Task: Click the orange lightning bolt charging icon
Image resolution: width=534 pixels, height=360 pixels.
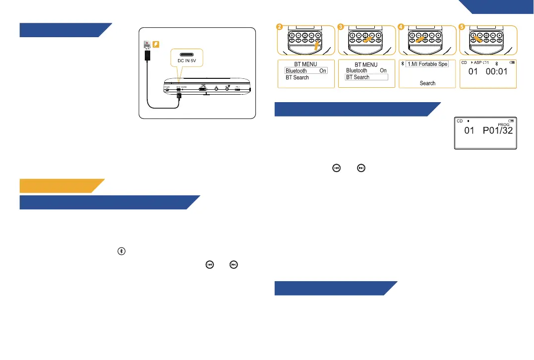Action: (155, 45)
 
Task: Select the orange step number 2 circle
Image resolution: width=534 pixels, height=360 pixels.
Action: (281, 27)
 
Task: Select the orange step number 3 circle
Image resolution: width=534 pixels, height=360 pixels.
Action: (341, 27)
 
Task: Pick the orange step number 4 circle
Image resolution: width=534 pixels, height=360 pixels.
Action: (402, 27)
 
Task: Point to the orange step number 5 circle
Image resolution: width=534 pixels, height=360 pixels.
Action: (462, 27)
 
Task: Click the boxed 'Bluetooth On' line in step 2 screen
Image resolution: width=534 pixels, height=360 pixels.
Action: (306, 71)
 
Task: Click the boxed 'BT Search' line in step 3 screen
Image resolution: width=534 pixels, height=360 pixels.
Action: (366, 77)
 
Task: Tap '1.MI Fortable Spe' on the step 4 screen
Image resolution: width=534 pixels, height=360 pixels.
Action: (427, 64)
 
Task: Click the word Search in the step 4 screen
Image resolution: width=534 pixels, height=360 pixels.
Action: (427, 83)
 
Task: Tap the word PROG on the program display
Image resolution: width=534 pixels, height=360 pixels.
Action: (503, 125)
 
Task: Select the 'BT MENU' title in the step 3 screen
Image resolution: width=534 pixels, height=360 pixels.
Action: (366, 65)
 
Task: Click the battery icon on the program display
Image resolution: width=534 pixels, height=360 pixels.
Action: (511, 120)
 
